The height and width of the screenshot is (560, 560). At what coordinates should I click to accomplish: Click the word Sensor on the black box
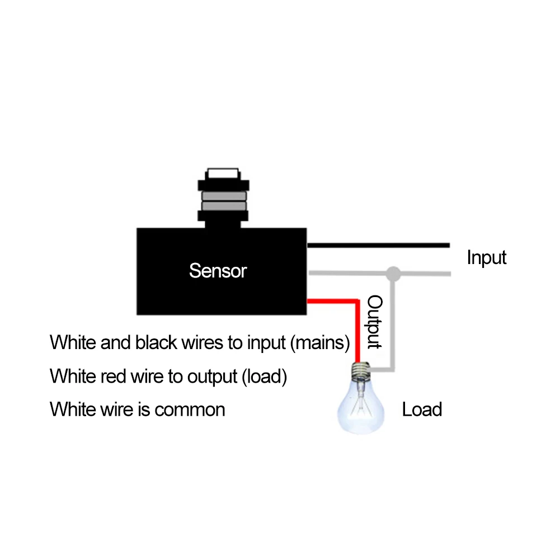pos(218,271)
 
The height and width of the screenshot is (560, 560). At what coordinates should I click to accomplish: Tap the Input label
pos(486,258)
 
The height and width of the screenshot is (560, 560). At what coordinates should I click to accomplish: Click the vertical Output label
pos(374,322)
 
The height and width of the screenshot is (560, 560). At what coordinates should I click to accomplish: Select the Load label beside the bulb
pos(422,410)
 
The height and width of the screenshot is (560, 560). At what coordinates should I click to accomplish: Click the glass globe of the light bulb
pos(360,405)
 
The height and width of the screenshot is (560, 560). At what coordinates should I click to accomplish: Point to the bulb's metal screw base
pos(361,370)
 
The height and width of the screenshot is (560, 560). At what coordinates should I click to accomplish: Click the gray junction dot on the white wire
pos(394,274)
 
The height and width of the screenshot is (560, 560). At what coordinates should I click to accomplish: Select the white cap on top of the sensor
pos(223,173)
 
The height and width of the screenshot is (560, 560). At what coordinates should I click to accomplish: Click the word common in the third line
pos(190,410)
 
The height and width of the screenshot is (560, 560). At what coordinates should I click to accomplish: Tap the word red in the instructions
pos(112,377)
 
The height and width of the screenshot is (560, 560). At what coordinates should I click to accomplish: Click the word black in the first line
pos(158,342)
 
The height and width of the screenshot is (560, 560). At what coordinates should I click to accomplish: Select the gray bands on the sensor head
pos(223,200)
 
